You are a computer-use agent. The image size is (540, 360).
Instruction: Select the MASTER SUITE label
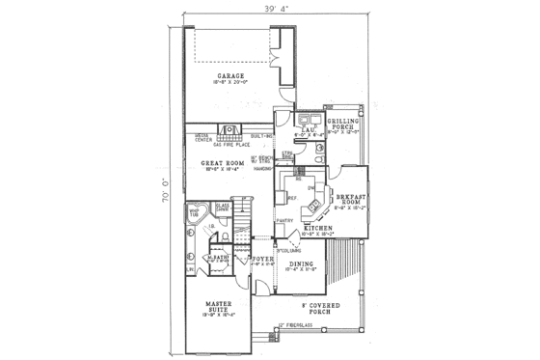coord(214,306)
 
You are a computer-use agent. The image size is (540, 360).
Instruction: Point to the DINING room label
coord(301,263)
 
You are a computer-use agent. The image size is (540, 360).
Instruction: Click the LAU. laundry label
coord(310,128)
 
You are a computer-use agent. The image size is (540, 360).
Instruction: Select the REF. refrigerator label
coord(291,196)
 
